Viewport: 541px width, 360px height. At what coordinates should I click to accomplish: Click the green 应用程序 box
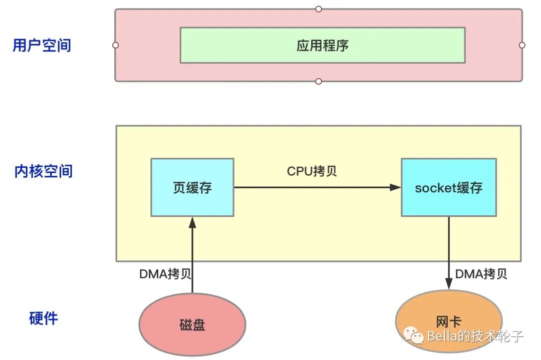pyautogui.click(x=323, y=45)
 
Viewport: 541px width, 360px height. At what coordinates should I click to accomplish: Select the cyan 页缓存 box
pyautogui.click(x=192, y=188)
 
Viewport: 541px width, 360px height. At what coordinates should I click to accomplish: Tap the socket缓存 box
pyautogui.click(x=449, y=188)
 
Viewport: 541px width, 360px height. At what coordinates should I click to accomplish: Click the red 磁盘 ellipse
pyautogui.click(x=192, y=324)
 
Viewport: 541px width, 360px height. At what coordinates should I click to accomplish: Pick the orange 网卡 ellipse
pyautogui.click(x=449, y=321)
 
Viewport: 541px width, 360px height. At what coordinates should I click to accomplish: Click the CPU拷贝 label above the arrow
pyautogui.click(x=312, y=171)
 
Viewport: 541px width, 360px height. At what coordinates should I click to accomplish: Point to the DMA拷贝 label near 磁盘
pyautogui.click(x=165, y=274)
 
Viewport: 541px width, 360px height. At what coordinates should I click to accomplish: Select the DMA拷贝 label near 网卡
pyautogui.click(x=481, y=274)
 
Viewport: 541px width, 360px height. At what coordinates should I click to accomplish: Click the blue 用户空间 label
pyautogui.click(x=42, y=45)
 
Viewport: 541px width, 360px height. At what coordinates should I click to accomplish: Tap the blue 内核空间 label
pyautogui.click(x=44, y=171)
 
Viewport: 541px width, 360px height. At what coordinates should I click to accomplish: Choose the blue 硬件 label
pyautogui.click(x=44, y=318)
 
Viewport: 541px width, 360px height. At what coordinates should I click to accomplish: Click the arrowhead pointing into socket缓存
pyautogui.click(x=395, y=188)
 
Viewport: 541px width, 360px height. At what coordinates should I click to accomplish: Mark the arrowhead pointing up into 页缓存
pyautogui.click(x=192, y=223)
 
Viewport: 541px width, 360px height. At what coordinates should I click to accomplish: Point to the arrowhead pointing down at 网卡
pyautogui.click(x=449, y=284)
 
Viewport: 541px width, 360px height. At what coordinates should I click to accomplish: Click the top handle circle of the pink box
pyautogui.click(x=319, y=9)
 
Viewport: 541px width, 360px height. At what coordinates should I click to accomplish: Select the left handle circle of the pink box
pyautogui.click(x=116, y=45)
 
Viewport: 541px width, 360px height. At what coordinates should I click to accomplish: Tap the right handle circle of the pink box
pyautogui.click(x=522, y=45)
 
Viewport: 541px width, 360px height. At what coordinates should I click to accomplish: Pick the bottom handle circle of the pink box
pyautogui.click(x=319, y=82)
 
